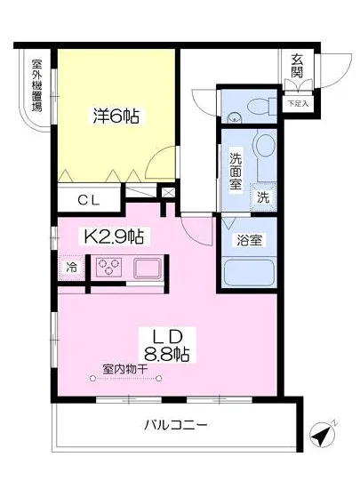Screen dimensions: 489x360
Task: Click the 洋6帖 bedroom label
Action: pyautogui.click(x=116, y=116)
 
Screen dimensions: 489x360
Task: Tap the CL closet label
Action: pyautogui.click(x=87, y=200)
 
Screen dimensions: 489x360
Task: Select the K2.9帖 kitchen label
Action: pyautogui.click(x=115, y=237)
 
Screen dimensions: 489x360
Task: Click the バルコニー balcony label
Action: pyautogui.click(x=176, y=426)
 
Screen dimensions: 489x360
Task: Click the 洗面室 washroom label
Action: pyautogui.click(x=235, y=171)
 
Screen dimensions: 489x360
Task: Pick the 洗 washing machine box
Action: pyautogui.click(x=263, y=197)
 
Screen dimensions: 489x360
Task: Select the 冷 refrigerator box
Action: pyautogui.click(x=71, y=267)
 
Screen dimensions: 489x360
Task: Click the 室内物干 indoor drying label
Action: pyautogui.click(x=124, y=366)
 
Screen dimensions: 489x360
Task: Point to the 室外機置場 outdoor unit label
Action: pyautogui.click(x=36, y=85)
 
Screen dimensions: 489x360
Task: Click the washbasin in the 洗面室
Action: pyautogui.click(x=264, y=146)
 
